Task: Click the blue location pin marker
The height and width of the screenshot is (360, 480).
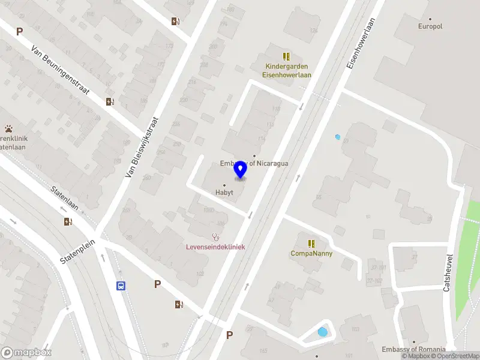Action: coord(240,170)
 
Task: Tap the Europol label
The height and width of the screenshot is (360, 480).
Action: coord(430,26)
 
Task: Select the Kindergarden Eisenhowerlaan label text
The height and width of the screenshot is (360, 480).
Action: coord(286,71)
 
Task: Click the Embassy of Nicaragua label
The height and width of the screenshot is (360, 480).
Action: coord(254,163)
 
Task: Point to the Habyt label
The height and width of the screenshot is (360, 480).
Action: coord(224,193)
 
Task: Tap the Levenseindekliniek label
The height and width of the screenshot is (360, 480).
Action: coord(215,247)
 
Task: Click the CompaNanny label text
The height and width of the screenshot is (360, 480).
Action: coord(311,253)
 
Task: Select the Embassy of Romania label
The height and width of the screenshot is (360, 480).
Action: coord(413,349)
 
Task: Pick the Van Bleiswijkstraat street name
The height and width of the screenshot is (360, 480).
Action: coord(142,147)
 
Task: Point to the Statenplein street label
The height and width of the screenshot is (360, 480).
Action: coord(78,253)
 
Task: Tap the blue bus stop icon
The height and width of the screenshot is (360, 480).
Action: coord(121,286)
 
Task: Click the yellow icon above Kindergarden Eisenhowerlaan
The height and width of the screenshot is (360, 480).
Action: coord(286,56)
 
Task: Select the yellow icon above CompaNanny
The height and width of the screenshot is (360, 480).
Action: coord(311,243)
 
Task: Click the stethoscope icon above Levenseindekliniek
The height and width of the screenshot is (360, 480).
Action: coord(215,237)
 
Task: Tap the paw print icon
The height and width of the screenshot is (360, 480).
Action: coord(9,128)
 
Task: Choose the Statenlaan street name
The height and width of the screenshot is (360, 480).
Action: coord(66,197)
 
